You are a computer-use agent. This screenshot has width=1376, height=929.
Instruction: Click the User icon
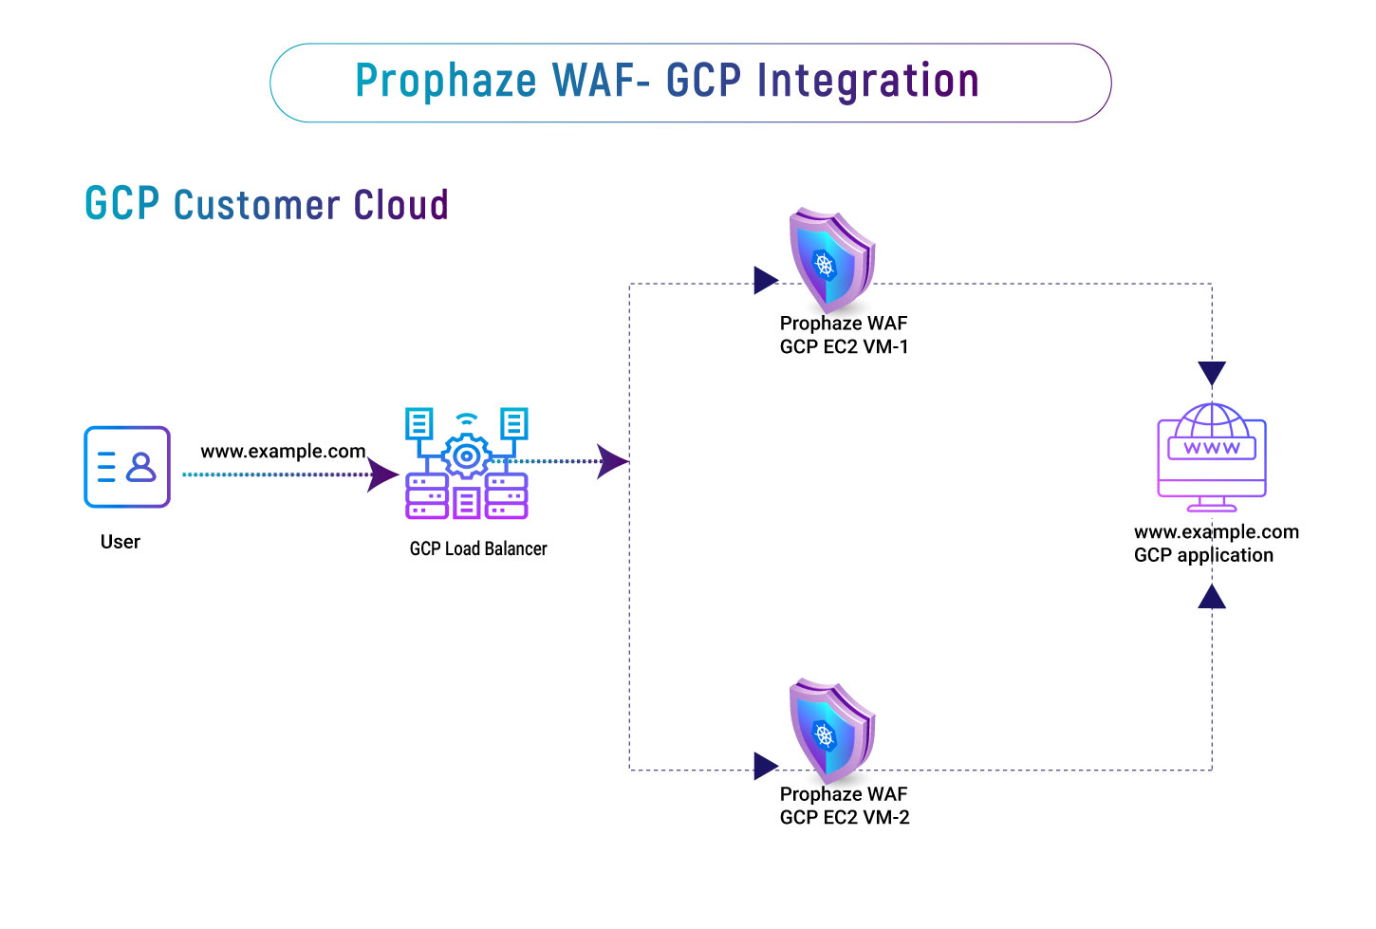[127, 467]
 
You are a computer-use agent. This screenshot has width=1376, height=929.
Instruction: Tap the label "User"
[121, 542]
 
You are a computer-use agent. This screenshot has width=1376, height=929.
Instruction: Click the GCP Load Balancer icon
[466, 464]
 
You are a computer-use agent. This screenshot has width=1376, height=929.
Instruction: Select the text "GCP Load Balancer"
[478, 548]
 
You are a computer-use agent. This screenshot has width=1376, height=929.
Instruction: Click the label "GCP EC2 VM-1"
[844, 347]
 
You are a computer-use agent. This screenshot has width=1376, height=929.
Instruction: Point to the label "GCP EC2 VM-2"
[845, 818]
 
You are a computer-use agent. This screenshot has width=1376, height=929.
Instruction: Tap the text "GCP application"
[1203, 555]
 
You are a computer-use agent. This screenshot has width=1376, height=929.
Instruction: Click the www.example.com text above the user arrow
[283, 451]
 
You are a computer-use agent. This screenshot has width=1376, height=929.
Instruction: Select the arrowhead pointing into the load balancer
[383, 474]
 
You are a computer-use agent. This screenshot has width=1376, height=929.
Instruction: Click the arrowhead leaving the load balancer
[612, 462]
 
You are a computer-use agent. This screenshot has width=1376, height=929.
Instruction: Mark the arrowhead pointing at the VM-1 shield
[766, 280]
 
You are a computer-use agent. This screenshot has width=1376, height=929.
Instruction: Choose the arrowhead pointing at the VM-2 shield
[766, 766]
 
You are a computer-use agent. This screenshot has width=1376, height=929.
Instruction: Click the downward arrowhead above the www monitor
[1212, 373]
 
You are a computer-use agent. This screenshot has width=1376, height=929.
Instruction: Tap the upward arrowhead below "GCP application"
[1212, 596]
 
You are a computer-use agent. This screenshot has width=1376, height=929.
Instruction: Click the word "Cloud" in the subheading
[400, 205]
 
